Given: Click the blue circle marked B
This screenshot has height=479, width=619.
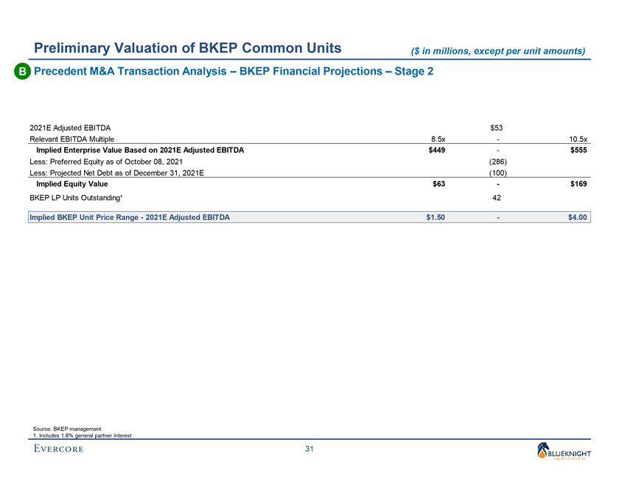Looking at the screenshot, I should [16, 72].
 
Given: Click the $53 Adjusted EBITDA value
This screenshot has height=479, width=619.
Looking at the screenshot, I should [497, 127].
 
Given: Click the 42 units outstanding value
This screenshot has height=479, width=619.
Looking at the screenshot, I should [497, 198].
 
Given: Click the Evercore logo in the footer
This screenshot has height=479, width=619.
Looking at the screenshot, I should [58, 450].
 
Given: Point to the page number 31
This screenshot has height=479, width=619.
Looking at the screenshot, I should [309, 451].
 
